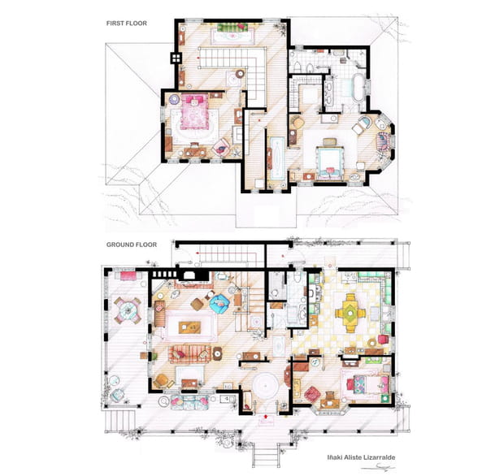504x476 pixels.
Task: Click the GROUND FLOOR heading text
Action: coord(131,244)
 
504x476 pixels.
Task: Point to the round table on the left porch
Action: coord(127,309)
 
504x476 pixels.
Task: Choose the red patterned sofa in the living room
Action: coord(190,353)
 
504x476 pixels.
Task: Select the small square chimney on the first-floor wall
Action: coord(173,58)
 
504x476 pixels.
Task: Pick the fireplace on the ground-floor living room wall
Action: coord(191,275)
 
